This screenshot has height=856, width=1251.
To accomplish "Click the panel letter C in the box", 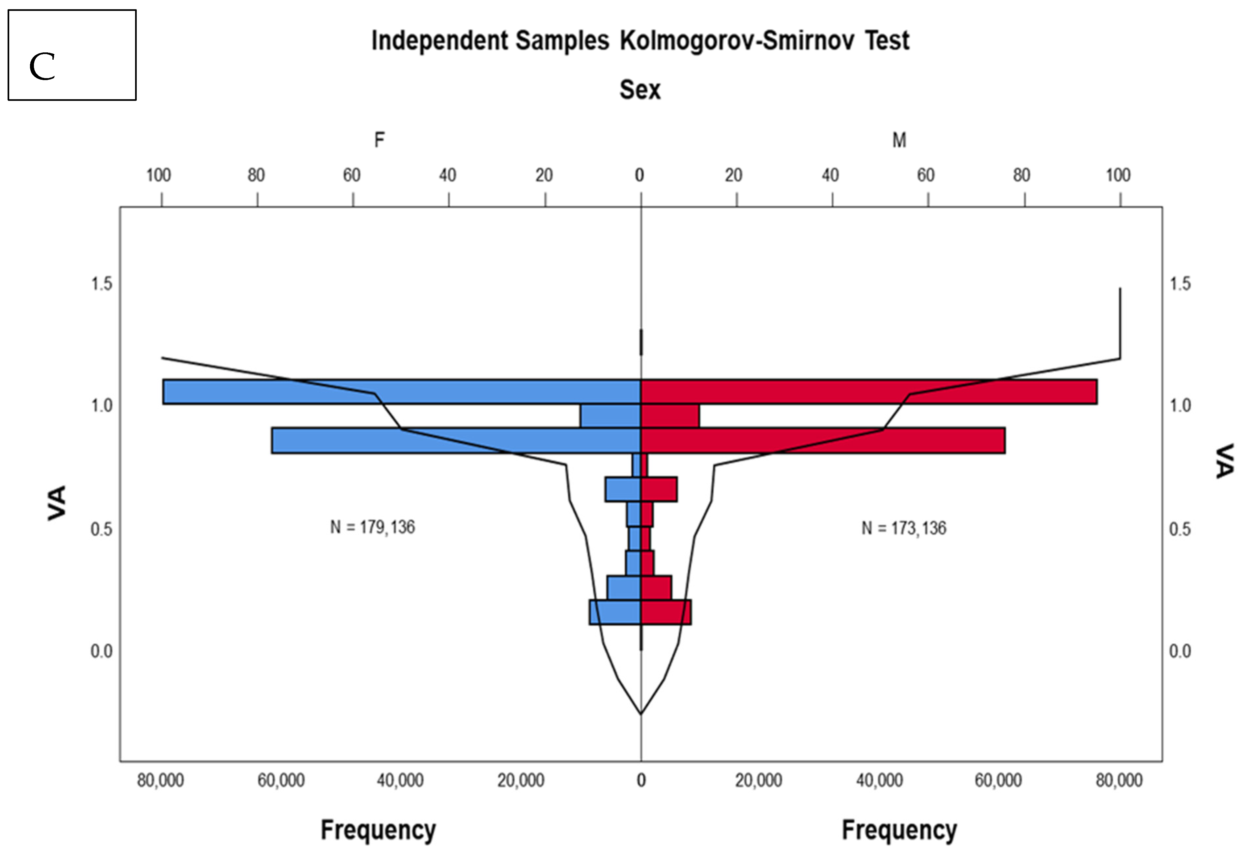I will tap(42, 67).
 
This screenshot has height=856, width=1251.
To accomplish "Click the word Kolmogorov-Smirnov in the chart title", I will tap(737, 41).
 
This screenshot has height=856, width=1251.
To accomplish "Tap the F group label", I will tap(380, 140).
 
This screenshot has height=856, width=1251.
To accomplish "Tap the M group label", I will tap(899, 140).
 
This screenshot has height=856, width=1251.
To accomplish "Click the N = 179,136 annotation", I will tap(373, 527).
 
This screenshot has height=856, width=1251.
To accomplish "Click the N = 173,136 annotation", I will tap(904, 528).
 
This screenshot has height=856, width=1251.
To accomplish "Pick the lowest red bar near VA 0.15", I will tap(666, 612).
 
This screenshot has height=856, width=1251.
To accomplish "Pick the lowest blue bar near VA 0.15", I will tap(615, 612).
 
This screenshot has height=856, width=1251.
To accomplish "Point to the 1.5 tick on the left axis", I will tap(101, 284).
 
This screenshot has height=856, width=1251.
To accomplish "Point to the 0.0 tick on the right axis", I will tap(1180, 651).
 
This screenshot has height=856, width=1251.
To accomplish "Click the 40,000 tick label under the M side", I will tap(879, 780).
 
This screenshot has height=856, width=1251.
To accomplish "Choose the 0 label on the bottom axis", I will tap(640, 780).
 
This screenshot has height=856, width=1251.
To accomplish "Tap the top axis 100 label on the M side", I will tap(1118, 175).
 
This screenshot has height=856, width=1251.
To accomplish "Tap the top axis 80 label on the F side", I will tap(256, 175).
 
